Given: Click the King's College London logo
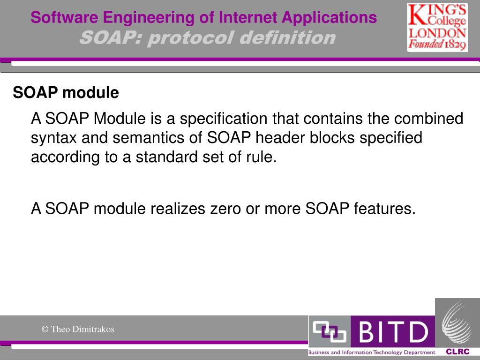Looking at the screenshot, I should tap(437, 27).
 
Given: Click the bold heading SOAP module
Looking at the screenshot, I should tap(66, 93).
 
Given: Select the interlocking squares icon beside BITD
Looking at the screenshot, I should tap(329, 332).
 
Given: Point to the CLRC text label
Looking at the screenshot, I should tap(457, 352).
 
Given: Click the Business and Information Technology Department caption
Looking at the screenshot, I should tap(371, 352).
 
